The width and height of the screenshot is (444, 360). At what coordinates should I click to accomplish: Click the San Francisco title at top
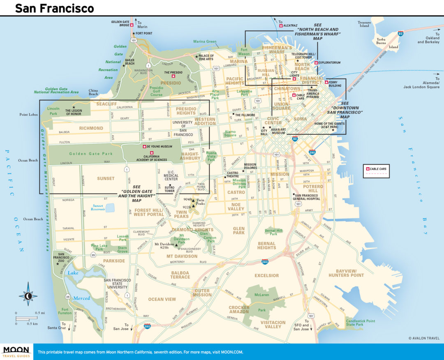[x=54, y=8]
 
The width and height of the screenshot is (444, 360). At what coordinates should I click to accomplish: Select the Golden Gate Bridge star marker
[x=132, y=25]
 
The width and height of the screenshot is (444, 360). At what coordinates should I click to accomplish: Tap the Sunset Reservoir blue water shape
[x=110, y=208]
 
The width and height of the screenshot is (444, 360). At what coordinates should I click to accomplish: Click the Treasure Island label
[x=364, y=24]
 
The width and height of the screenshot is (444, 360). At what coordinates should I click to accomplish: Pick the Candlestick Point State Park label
[x=360, y=323]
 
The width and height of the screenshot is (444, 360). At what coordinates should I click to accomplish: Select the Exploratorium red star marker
[x=316, y=63]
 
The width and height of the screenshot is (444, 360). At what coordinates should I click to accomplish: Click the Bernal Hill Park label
[x=274, y=232]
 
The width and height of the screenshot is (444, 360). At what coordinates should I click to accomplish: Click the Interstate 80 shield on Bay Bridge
[x=400, y=34]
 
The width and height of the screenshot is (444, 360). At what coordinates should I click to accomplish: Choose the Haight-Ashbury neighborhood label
[x=190, y=156]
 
